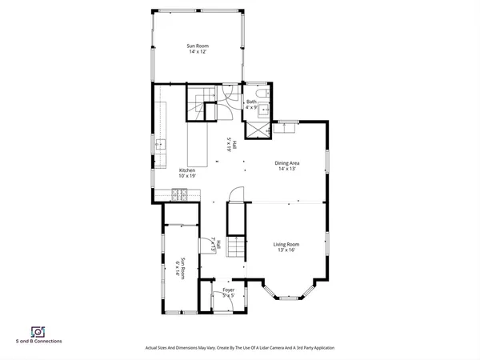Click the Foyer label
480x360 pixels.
click(228, 292)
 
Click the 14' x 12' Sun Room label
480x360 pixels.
click(198, 49)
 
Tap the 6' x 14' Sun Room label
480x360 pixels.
click(182, 267)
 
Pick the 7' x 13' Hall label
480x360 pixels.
click(214, 246)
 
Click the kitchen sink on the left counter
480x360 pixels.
click(160, 145)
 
